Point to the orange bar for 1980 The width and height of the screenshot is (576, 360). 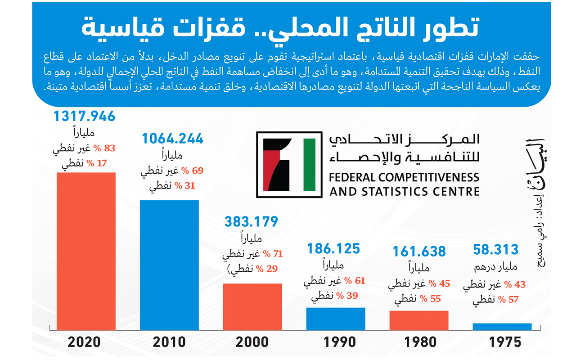click(419, 320)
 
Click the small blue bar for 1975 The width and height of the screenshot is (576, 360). click(502, 326)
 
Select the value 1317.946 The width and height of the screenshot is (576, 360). click(85, 117)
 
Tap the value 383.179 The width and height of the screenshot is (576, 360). click(251, 221)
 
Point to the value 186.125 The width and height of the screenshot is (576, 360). click(333, 248)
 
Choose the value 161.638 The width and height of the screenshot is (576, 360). click(418, 251)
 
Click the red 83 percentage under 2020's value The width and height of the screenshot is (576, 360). click(110, 148)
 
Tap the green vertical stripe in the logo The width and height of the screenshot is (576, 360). click(310, 164)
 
